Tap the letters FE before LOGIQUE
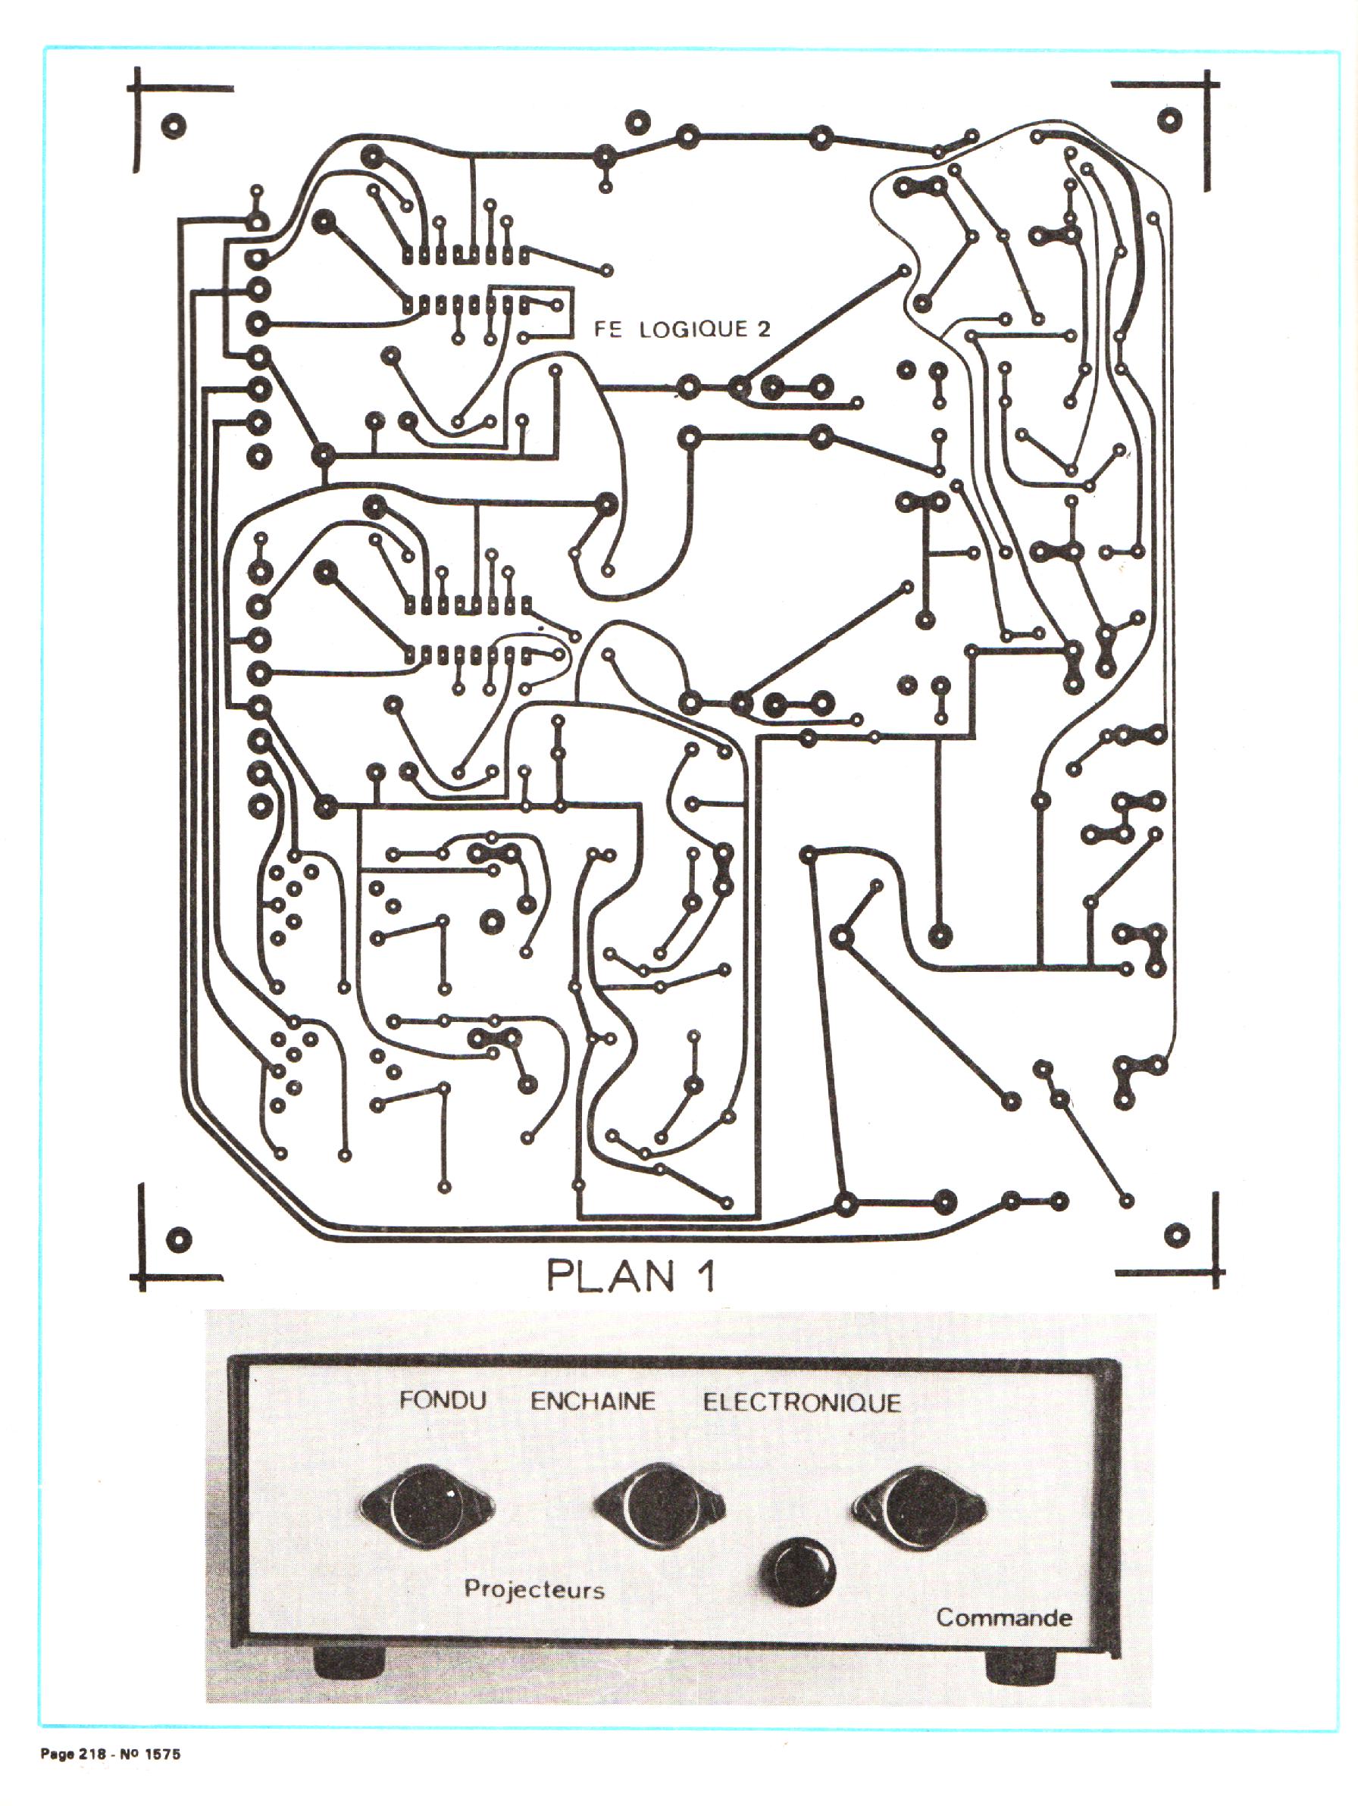tap(607, 329)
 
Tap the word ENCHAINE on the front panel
tap(593, 1402)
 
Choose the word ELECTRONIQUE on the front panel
tap(802, 1403)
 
